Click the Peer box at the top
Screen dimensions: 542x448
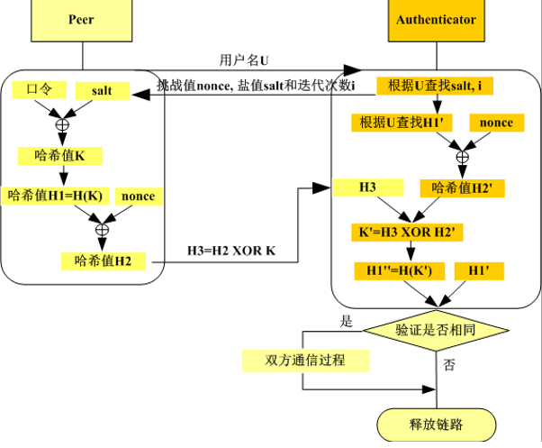pos(82,20)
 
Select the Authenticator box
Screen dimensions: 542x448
pos(437,20)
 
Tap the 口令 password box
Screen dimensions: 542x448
pos(39,89)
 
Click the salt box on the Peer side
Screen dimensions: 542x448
pos(103,91)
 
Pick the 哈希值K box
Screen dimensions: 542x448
pos(60,156)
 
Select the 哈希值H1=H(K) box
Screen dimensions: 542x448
pos(55,196)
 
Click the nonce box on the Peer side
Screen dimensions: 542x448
pos(139,197)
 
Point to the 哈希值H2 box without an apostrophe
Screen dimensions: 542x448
pos(104,261)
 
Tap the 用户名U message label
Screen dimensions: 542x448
pos(244,60)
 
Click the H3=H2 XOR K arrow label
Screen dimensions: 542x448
pos(231,251)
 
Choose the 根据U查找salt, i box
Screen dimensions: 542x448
pos(435,86)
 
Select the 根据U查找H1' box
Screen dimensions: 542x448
pos(402,123)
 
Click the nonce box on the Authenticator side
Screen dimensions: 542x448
pos(497,123)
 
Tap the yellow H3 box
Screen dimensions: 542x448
pos(368,187)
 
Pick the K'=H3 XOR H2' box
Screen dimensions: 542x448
pos(407,233)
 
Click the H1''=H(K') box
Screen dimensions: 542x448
pos(399,271)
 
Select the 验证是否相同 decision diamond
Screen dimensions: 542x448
pos(437,331)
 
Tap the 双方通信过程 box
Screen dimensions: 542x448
pos(305,361)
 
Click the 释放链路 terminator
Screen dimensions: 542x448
pos(437,425)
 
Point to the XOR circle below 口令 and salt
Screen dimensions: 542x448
pos(62,124)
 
